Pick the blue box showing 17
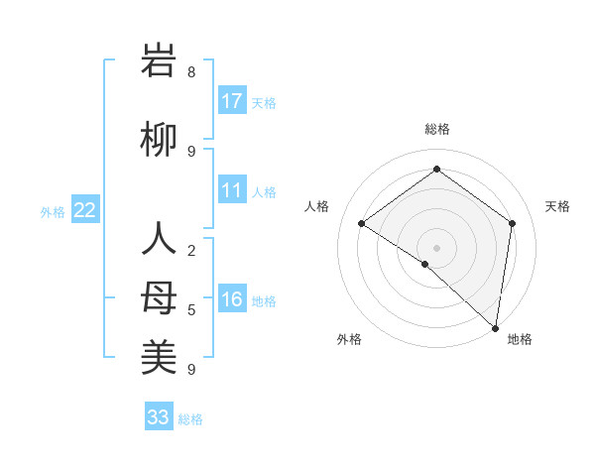(232, 101)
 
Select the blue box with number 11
(232, 190)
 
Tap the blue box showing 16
(232, 299)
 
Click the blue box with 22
(85, 210)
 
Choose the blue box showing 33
(159, 417)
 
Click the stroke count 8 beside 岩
(191, 72)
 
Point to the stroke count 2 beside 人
(191, 251)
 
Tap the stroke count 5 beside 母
(191, 310)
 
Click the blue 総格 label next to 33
(190, 419)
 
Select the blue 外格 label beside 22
(53, 211)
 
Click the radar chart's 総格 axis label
(436, 129)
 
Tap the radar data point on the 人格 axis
(362, 223)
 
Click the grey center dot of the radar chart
(436, 247)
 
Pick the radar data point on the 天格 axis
(513, 223)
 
